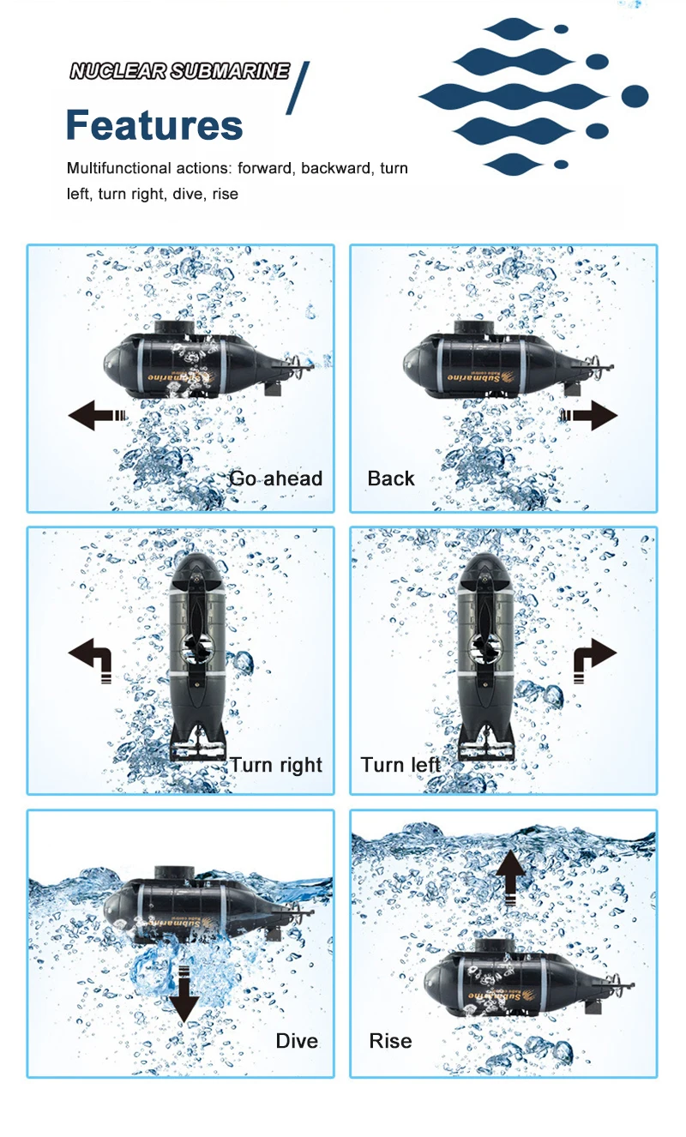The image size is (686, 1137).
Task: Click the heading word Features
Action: point(154,125)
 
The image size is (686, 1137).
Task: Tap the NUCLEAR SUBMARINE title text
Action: point(179,71)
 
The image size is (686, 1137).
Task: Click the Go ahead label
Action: point(276,478)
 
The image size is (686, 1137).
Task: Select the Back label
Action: point(391,478)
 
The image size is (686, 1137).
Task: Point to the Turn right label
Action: point(276,765)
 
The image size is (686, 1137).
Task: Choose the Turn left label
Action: point(400,765)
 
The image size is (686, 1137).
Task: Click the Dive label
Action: point(297,1041)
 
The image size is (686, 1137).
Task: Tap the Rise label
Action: point(390,1041)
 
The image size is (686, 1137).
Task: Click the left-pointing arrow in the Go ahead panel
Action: point(96,417)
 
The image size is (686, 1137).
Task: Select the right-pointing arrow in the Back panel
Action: point(590,417)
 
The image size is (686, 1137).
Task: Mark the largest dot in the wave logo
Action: point(635,96)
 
